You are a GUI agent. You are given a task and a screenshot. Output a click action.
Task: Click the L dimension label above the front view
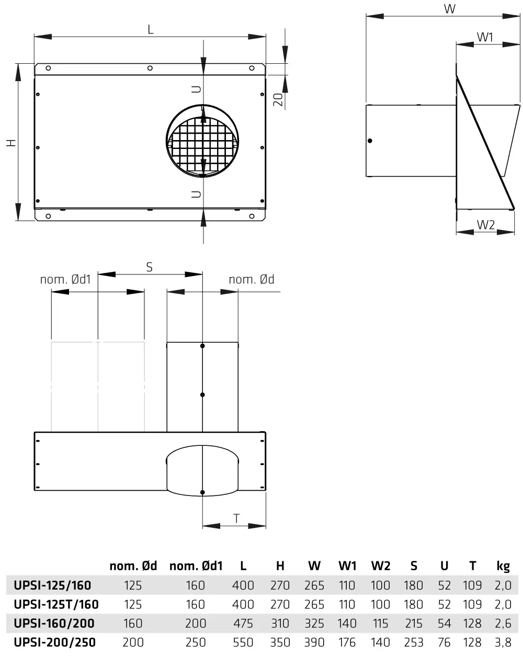pos(150,30)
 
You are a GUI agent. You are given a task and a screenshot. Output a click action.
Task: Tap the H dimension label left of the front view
pos(12,143)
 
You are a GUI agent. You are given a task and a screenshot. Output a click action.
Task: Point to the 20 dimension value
pos(278,100)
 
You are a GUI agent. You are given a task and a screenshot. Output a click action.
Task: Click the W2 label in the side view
pos(485,225)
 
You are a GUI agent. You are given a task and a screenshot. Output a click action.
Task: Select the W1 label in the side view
pos(485,37)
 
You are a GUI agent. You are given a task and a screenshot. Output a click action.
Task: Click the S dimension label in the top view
pos(150,267)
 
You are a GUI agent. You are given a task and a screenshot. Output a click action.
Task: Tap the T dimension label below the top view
pos(236,518)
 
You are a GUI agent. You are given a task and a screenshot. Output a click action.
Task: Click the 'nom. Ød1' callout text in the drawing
pos(65,279)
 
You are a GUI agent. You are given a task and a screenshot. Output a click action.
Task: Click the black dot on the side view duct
pos(370,141)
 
